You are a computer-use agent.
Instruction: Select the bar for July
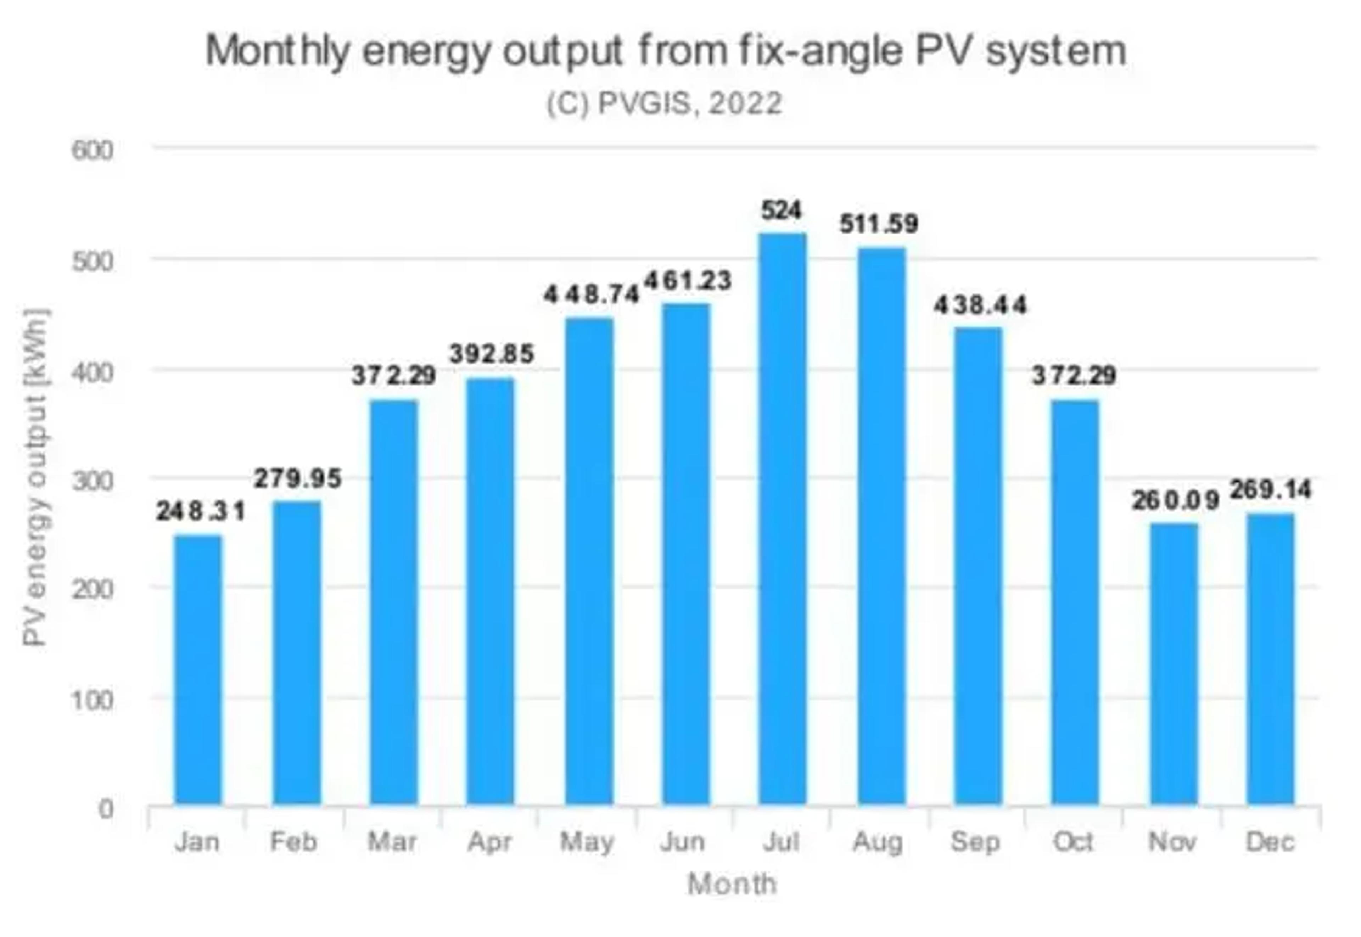[x=782, y=518]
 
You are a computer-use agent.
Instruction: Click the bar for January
[x=198, y=669]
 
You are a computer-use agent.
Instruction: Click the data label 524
[x=782, y=210]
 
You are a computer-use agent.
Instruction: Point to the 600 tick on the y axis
[x=92, y=150]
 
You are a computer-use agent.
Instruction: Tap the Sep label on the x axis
[x=975, y=842]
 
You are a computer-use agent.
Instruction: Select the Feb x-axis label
[x=293, y=842]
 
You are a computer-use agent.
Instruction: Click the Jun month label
[x=682, y=842]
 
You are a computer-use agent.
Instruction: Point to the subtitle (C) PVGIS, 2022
[x=665, y=104]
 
